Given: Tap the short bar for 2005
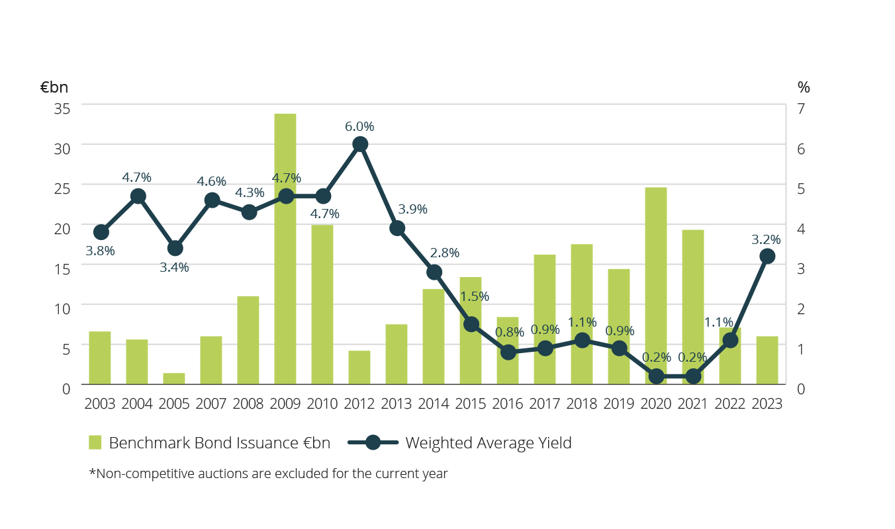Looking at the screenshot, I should [x=174, y=379].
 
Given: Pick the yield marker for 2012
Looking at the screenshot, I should [x=360, y=144].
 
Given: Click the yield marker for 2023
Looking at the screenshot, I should [x=767, y=257].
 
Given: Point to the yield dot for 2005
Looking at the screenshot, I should [x=175, y=249].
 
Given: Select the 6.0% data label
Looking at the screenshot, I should [x=359, y=126].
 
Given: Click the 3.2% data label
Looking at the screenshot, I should [x=766, y=239].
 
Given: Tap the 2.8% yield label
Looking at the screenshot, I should [x=444, y=253].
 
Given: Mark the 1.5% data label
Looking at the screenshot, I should [x=475, y=296].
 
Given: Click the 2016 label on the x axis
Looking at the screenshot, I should [x=508, y=404].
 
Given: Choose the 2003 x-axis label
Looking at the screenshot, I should [x=100, y=404].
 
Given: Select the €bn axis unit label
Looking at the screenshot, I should [x=54, y=87].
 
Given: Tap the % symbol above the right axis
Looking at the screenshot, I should [x=804, y=87].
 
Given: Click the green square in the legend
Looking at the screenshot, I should [x=95, y=442].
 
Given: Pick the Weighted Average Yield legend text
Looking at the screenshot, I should [x=488, y=442].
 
